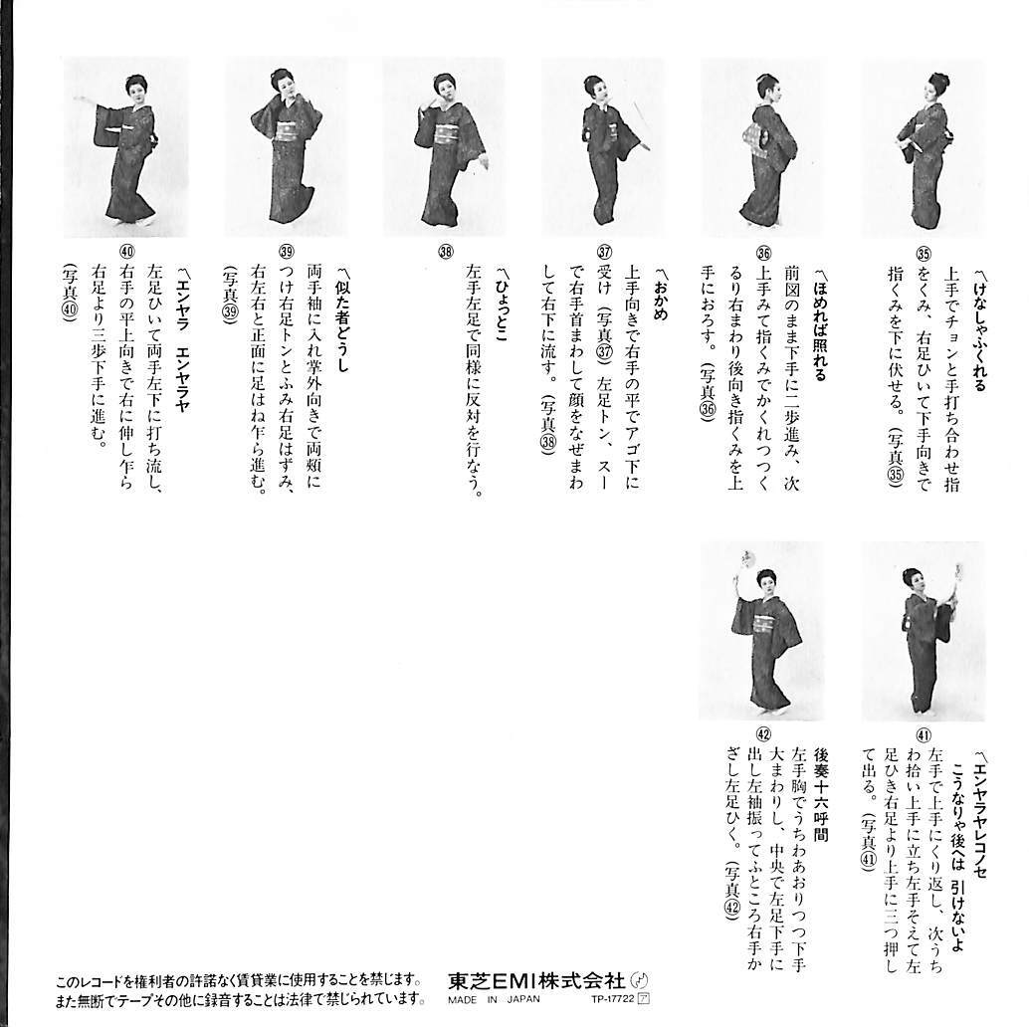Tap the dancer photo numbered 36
coord(764,147)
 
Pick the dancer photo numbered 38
coord(446,147)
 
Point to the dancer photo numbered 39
coord(285,147)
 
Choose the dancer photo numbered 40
coord(125,147)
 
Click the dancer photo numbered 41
coord(923,633)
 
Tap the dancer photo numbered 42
coord(762,633)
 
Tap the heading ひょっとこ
coord(504,300)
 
